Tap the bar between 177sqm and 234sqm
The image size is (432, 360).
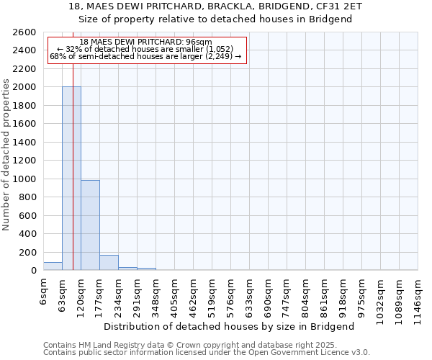tap(109, 263)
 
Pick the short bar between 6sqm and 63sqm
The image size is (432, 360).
tap(53, 266)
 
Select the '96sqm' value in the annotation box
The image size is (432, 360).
tap(199, 42)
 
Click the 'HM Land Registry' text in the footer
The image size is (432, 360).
tap(108, 345)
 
